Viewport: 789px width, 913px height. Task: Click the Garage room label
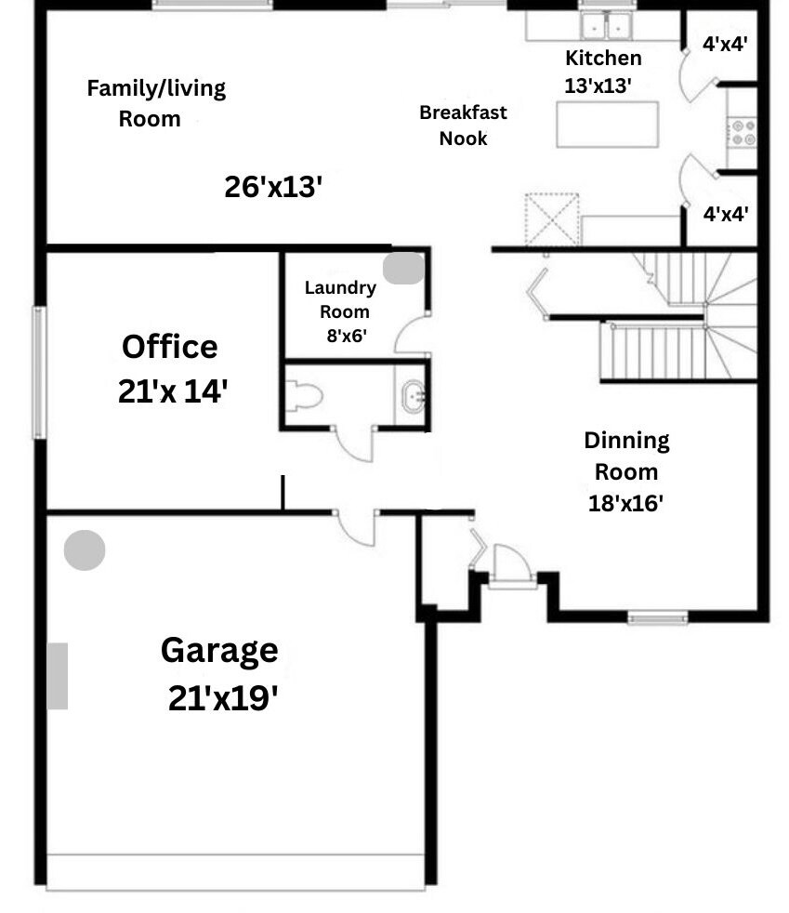(219, 650)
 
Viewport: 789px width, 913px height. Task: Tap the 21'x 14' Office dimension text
(174, 391)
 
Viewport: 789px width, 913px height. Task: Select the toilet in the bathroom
(305, 397)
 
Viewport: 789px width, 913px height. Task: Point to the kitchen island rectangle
(607, 125)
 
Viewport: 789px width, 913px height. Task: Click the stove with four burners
(741, 130)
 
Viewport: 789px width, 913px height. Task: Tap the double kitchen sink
(606, 25)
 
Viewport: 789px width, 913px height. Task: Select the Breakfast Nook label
(463, 126)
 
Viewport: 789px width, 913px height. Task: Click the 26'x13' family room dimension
(273, 187)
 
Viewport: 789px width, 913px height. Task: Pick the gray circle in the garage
(85, 550)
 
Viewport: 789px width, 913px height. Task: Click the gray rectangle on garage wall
(58, 676)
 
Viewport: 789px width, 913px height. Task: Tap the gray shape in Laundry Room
(404, 268)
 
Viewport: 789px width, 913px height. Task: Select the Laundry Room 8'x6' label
(340, 311)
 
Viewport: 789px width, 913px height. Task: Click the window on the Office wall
(39, 372)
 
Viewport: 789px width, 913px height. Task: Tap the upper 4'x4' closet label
(725, 42)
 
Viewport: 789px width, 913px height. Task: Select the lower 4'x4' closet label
(725, 214)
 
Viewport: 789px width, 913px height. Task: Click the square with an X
(552, 219)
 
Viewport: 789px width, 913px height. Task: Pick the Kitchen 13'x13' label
(603, 72)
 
